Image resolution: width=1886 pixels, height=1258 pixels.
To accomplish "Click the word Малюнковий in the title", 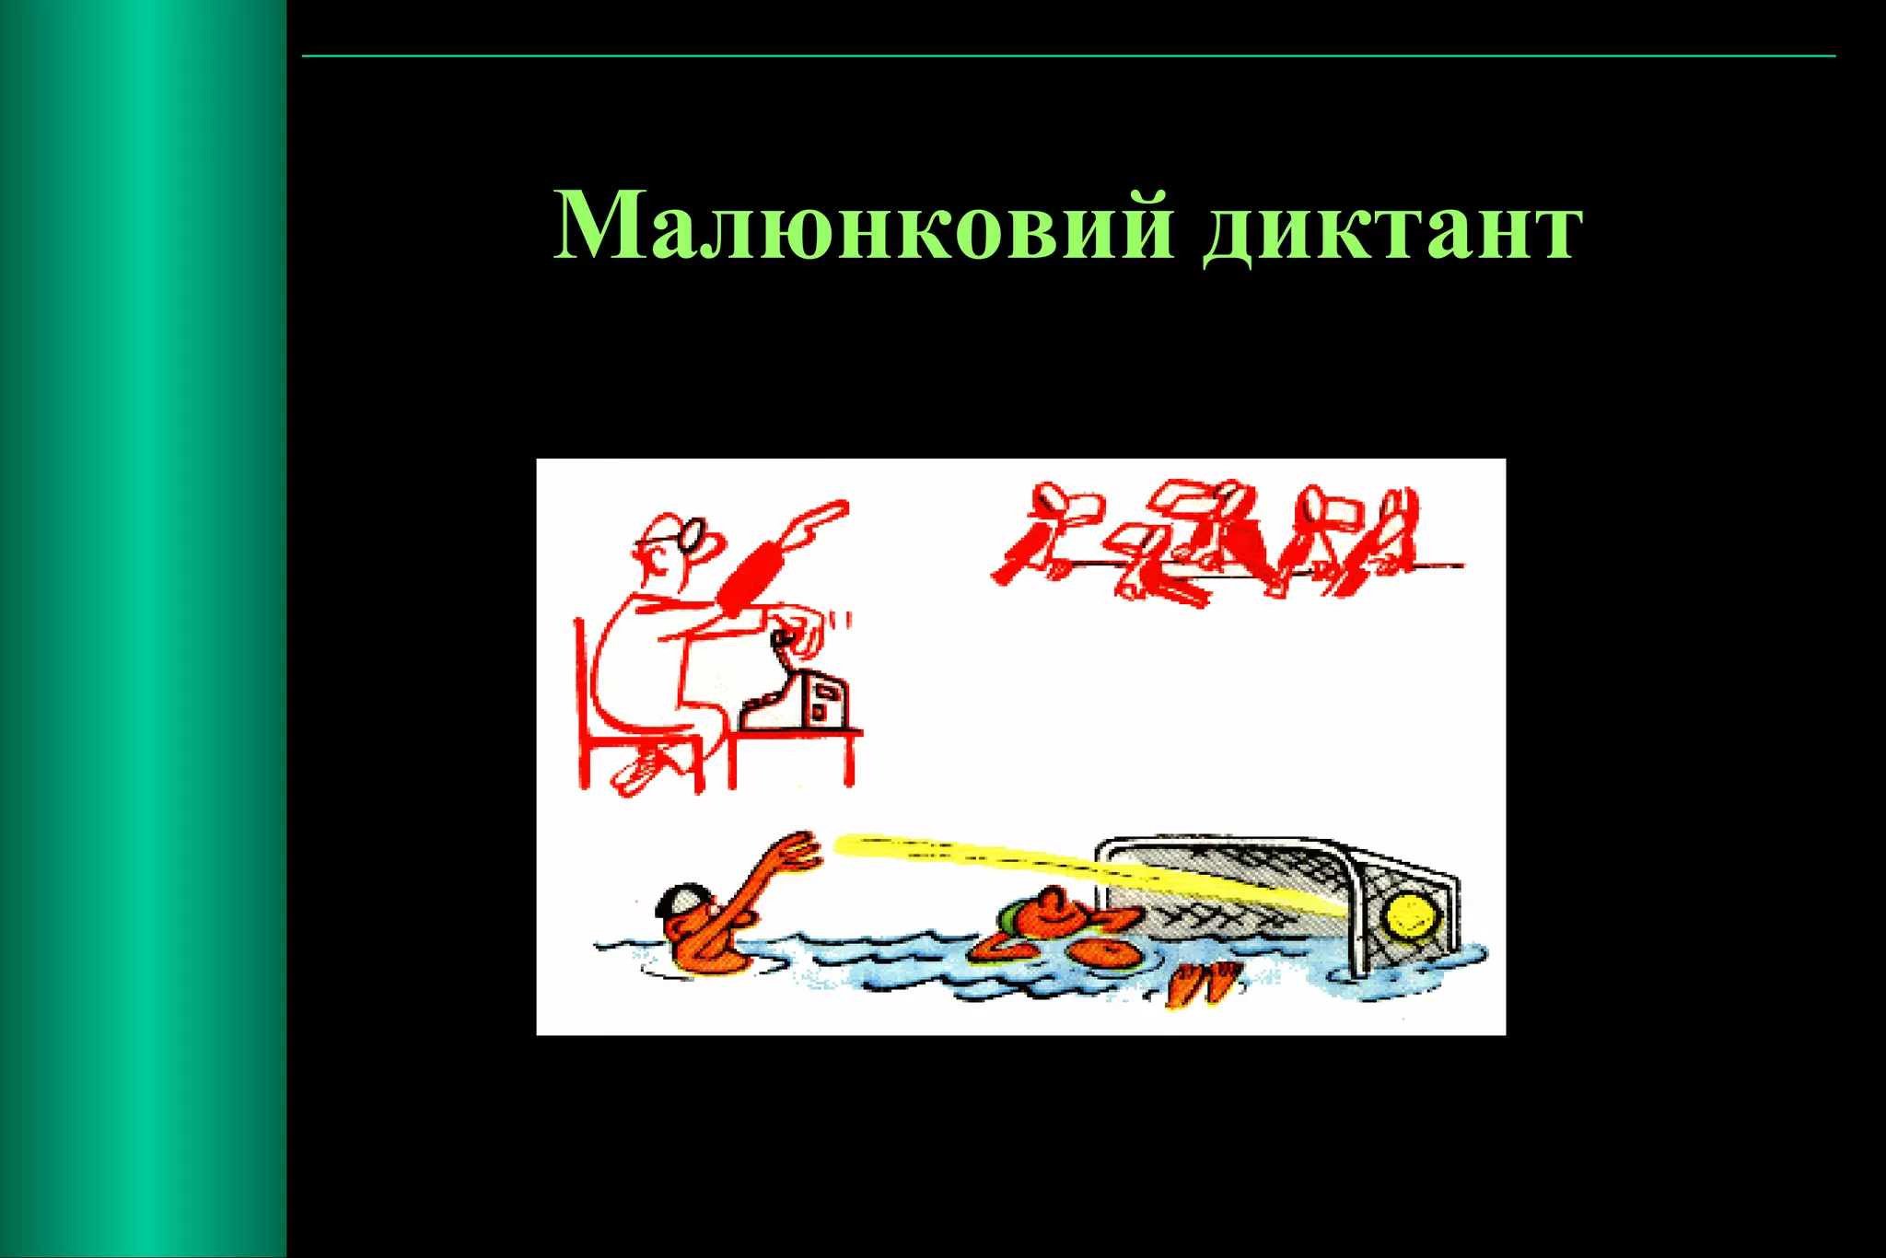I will pos(864,227).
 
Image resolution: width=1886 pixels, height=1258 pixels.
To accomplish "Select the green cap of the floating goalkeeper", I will pos(1012,916).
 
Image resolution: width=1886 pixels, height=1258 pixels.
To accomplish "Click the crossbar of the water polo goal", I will pos(1271,844).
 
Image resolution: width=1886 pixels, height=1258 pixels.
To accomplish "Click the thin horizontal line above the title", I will pos(1068,56).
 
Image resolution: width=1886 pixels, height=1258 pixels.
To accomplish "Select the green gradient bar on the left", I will pos(143,629).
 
